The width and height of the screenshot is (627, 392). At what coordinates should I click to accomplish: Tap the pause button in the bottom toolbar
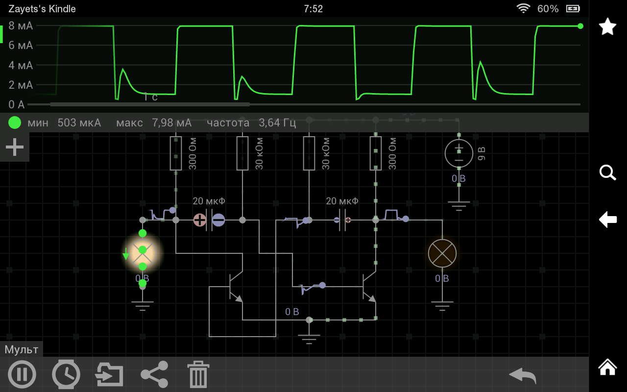(x=22, y=374)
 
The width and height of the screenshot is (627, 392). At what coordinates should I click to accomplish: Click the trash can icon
(x=198, y=375)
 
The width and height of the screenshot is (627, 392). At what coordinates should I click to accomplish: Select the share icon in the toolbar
(x=154, y=374)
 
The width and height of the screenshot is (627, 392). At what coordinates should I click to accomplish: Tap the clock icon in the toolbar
(x=66, y=374)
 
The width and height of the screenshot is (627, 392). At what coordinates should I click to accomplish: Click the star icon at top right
(x=607, y=26)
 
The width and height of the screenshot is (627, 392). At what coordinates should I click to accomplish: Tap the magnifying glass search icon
(x=607, y=172)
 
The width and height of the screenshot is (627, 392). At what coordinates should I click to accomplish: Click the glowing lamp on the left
(x=143, y=253)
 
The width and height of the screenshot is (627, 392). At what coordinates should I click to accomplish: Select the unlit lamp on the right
(x=442, y=253)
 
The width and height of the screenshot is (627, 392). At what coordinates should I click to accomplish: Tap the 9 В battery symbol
(x=458, y=153)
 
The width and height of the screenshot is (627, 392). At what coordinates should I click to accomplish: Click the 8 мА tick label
(x=21, y=26)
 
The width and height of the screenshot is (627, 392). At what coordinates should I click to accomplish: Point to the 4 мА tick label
(x=21, y=65)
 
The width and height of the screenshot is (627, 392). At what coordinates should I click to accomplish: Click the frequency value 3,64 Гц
(x=277, y=122)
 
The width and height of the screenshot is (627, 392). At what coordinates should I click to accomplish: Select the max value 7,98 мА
(x=171, y=122)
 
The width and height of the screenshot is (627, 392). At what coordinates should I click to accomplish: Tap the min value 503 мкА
(x=79, y=122)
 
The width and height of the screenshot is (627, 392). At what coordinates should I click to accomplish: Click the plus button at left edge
(x=15, y=147)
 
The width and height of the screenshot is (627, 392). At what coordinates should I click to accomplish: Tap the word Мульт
(x=22, y=349)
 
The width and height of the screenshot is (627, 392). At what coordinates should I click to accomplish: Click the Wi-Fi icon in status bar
(x=523, y=9)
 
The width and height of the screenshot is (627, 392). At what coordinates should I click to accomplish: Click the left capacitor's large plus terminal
(x=200, y=220)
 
